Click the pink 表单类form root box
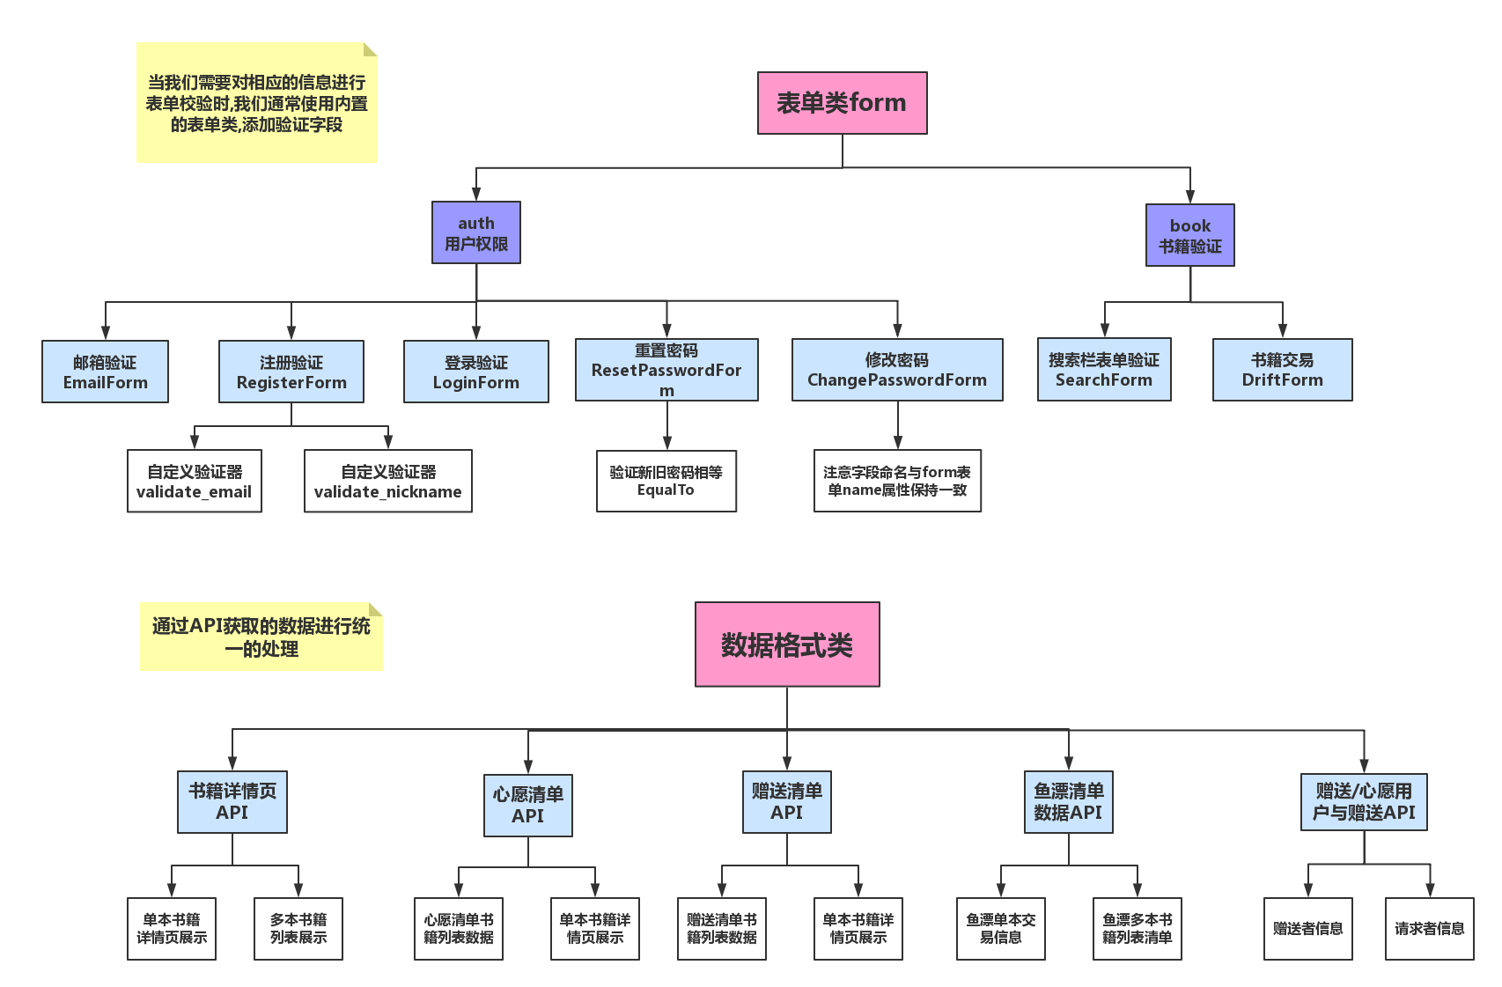(x=842, y=103)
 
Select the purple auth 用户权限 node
(x=475, y=232)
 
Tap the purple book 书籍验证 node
(x=1189, y=235)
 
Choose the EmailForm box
(x=105, y=372)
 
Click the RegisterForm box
(x=291, y=372)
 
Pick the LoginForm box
(x=475, y=372)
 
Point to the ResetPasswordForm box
(x=666, y=370)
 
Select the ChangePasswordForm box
(x=896, y=370)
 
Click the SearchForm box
(x=1103, y=370)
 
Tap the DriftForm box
(x=1282, y=370)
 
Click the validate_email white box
(x=194, y=481)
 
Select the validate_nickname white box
(x=387, y=481)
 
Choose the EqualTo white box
(x=666, y=481)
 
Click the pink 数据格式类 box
(x=786, y=644)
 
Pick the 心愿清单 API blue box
(x=527, y=805)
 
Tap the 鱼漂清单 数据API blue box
(x=1068, y=802)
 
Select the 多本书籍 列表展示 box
(x=298, y=928)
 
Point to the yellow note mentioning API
(x=261, y=637)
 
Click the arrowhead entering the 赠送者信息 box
(x=1308, y=890)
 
